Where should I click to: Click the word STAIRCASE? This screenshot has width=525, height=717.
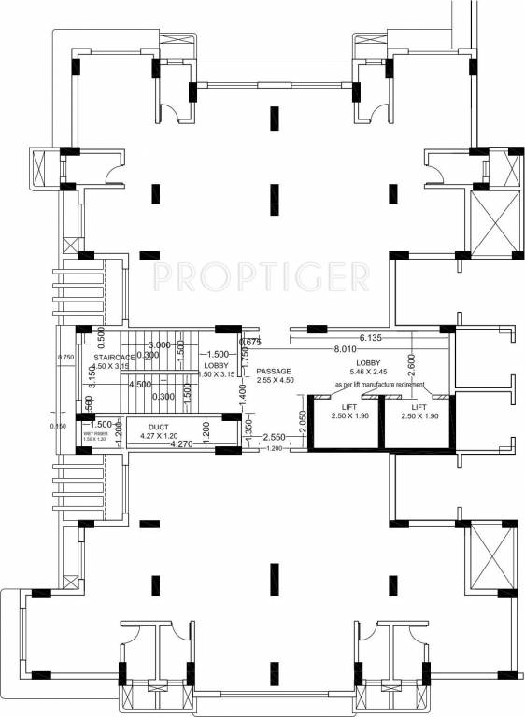click(x=115, y=357)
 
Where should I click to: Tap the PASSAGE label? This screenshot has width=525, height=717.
click(x=275, y=371)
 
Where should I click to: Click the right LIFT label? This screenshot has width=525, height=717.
click(x=418, y=407)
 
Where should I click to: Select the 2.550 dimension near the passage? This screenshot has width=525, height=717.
click(x=274, y=437)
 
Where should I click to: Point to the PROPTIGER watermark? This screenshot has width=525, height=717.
click(x=261, y=275)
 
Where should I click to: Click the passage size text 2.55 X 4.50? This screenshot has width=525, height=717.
click(x=275, y=380)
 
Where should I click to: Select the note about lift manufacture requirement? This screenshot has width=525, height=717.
click(x=380, y=385)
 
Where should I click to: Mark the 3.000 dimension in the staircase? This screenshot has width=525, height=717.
click(x=159, y=344)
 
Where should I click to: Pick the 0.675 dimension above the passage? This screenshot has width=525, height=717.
click(x=248, y=342)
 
